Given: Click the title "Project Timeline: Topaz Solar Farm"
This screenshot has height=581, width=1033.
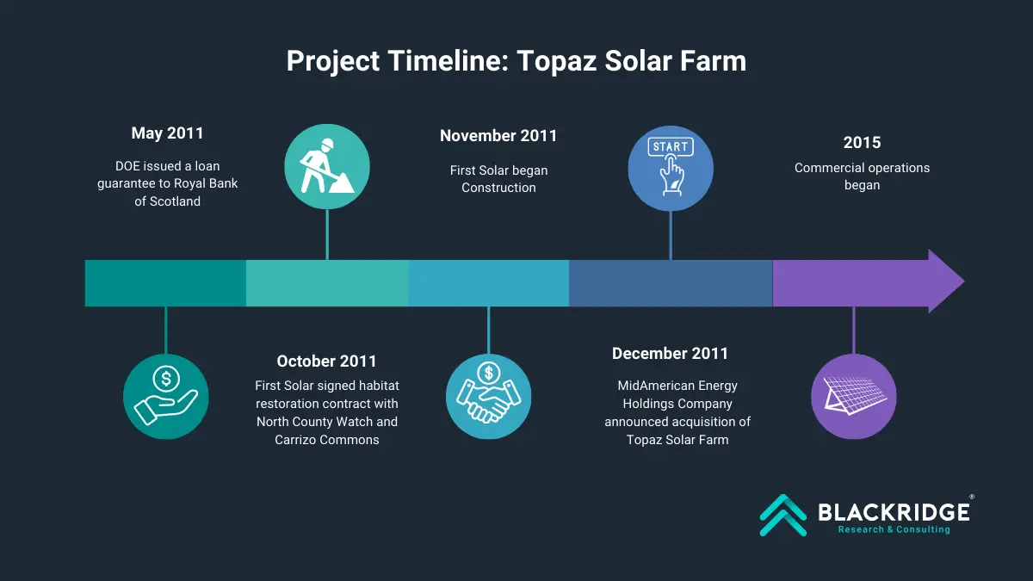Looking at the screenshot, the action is coord(516,61).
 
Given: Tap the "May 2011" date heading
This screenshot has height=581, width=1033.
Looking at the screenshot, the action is coord(167,133).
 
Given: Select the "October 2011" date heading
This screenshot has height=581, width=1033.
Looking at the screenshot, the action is coord(326,361).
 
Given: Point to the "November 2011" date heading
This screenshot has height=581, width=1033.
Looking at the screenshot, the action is coord(498,136).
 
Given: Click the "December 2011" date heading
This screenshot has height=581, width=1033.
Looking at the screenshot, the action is coord(670,354).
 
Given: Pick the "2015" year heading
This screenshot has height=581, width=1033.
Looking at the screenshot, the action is coord(862,143).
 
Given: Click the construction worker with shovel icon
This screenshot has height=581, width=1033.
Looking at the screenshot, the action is coord(327,166).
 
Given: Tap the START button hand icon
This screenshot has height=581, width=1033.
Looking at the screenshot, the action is coord(671,169).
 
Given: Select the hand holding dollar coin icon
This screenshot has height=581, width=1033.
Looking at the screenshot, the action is coord(166,397).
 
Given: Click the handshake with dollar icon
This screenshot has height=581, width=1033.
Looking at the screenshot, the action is coord(488,397).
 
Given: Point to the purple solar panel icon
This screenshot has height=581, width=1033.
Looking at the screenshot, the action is coord(854,397).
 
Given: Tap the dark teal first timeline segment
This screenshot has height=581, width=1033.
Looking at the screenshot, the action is coord(165,283).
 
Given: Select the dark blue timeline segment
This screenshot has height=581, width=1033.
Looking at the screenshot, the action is coord(671,283).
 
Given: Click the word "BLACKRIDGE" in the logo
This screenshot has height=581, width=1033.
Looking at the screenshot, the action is coord(894,512).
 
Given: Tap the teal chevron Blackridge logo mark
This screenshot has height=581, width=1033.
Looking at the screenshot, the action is coord(783,515).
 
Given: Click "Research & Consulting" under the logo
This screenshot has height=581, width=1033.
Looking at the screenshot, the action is coord(894,530).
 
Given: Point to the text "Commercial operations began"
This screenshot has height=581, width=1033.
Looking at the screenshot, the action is coord(862,176).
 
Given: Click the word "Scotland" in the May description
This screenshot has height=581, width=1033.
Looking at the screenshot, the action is coord(175,201).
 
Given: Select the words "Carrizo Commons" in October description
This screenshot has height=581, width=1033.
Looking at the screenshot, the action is coord(327,440).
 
